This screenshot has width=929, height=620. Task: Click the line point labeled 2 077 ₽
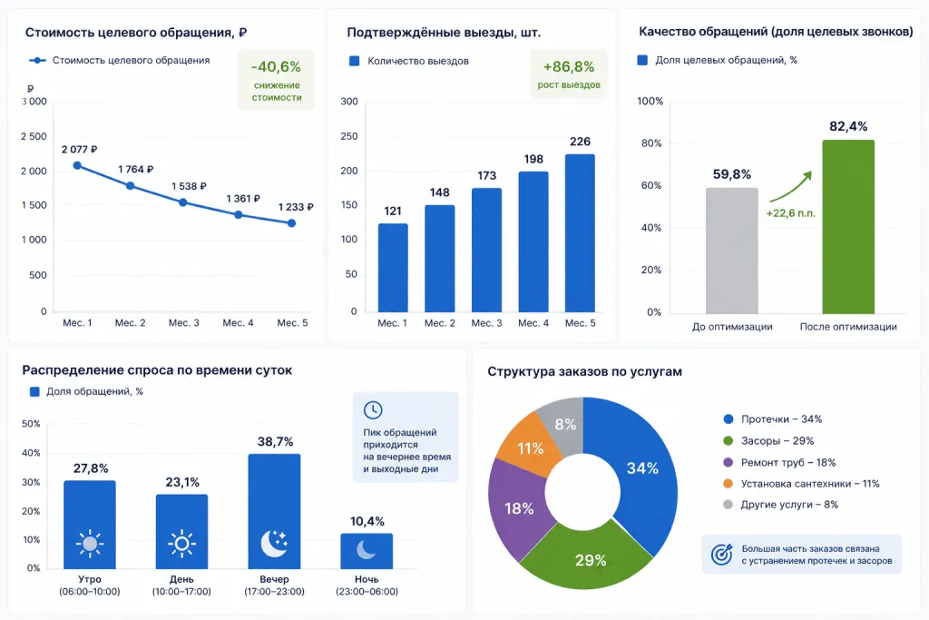77,165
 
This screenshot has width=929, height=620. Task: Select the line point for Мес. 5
291,223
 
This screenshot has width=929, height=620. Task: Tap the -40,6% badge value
276,66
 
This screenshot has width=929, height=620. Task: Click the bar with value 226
580,233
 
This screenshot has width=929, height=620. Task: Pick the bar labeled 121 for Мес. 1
393,267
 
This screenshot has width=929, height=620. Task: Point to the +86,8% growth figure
569,66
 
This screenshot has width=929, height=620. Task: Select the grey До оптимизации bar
732,251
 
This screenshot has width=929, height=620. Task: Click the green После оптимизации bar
848,226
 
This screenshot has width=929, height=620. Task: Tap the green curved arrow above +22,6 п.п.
791,187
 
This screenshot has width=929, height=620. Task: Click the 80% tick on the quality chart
651,143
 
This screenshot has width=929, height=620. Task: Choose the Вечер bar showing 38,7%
274,512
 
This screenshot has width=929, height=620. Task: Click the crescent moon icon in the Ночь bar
367,549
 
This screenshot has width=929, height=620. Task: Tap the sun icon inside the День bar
181,544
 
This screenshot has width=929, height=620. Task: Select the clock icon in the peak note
373,409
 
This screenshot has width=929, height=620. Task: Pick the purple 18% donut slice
515,508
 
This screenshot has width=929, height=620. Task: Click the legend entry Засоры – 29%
768,441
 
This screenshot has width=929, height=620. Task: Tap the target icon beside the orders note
721,555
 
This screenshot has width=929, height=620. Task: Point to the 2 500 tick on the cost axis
34,136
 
